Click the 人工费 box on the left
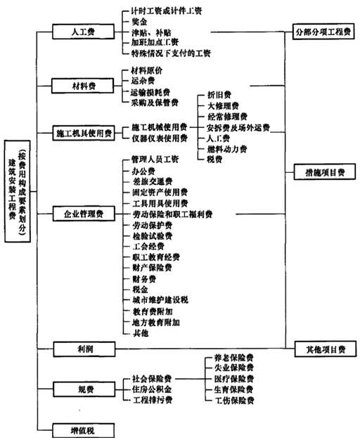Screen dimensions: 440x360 point(83,32)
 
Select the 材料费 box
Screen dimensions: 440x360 point(83,86)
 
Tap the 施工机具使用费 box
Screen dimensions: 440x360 point(83,133)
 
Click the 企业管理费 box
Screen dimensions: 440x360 point(83,213)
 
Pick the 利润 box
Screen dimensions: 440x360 point(83,347)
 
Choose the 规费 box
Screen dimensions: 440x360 point(83,389)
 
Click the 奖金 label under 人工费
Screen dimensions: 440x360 point(141,21)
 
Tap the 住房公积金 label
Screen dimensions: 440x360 point(150,388)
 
